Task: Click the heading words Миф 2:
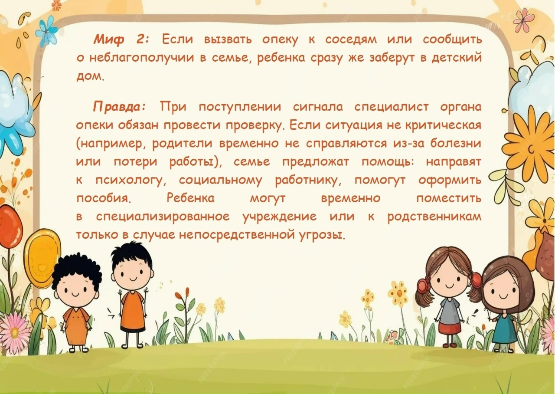click(x=121, y=39)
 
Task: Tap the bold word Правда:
click(x=120, y=107)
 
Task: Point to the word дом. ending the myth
click(x=91, y=76)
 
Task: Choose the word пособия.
click(x=103, y=198)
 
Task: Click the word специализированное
click(x=163, y=217)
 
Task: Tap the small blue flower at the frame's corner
click(x=46, y=31)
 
